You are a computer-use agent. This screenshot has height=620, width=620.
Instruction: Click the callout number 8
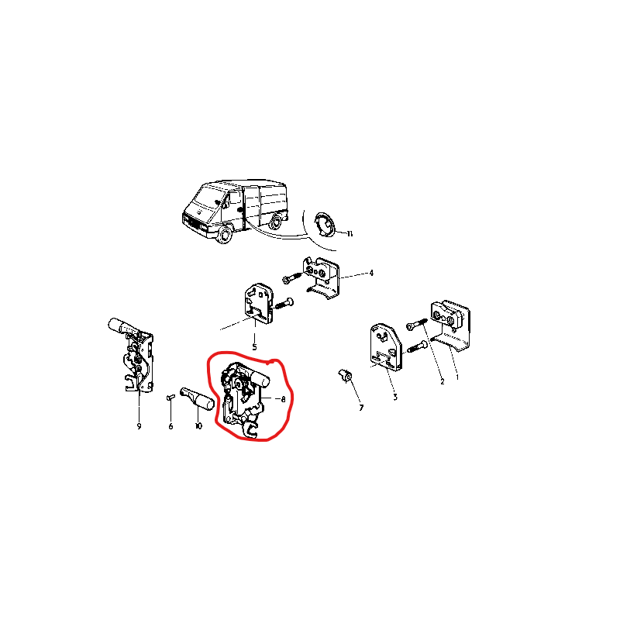point(283,399)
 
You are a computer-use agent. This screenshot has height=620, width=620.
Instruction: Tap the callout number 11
point(350,234)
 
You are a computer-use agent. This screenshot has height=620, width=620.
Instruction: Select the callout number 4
point(371,273)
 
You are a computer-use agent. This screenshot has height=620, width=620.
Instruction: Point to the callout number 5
point(254,347)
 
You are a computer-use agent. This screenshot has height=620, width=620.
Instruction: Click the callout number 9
point(139,426)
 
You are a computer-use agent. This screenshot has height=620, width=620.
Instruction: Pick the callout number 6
point(170,426)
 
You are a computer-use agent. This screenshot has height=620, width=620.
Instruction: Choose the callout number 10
point(198,425)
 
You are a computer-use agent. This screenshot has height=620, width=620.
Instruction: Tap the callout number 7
point(361,408)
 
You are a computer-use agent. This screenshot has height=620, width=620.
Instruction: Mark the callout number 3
point(395,398)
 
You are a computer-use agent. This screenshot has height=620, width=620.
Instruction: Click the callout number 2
point(442,381)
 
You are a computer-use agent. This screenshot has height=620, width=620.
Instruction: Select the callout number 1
point(457,377)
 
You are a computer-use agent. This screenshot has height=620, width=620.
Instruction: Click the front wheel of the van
point(224,236)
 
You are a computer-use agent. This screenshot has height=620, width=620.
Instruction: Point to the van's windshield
point(208,198)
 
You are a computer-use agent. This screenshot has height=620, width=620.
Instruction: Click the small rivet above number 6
point(170,397)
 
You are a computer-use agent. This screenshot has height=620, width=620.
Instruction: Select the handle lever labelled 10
point(198,398)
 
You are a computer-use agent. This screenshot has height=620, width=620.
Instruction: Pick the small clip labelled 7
point(346,377)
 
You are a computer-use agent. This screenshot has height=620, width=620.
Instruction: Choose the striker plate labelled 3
point(385,347)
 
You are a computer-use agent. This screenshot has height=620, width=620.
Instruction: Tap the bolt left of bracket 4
point(292,277)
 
